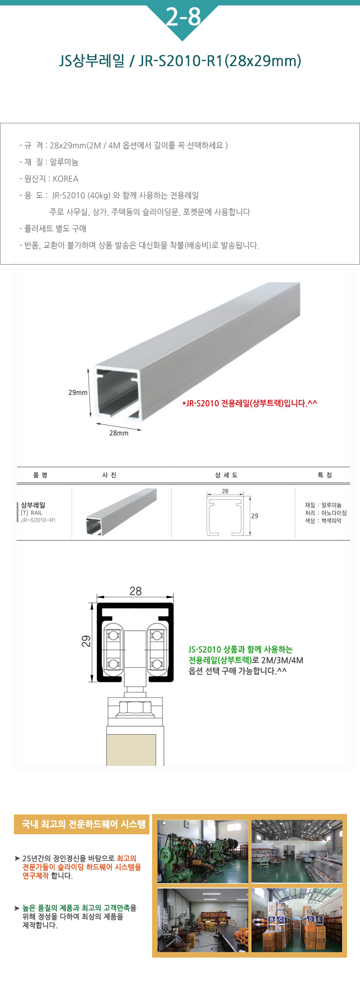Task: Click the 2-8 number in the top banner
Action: point(183,17)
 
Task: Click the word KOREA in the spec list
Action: point(66,179)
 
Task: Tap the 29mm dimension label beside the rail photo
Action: point(78,392)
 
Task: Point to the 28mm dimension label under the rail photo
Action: point(119,433)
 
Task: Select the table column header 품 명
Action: point(40,475)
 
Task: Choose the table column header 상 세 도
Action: point(226,475)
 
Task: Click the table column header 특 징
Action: point(325,475)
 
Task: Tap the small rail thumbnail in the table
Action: point(121,512)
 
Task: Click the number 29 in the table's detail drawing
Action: point(255,516)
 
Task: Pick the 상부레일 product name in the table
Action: point(33,505)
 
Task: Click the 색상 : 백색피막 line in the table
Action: point(323,521)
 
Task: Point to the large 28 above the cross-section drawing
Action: point(135,591)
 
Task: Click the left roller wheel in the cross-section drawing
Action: point(113,650)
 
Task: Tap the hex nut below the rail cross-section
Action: point(135,709)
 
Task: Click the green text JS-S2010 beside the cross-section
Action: point(205,649)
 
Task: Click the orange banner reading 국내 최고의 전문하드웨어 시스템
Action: point(81,824)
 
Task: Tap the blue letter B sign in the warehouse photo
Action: point(271,919)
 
